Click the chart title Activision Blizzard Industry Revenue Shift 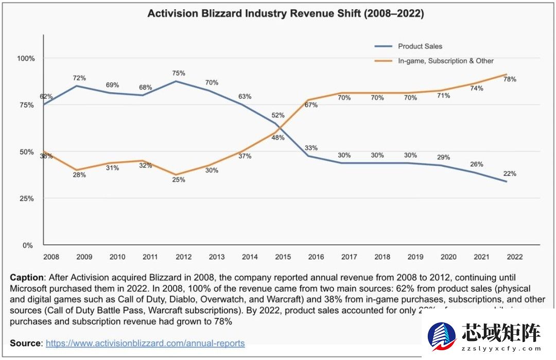click(286, 14)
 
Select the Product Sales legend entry click(420, 46)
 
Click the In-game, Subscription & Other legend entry click(445, 61)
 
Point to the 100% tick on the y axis click(26, 59)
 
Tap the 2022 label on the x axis click(514, 257)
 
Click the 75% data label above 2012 click(178, 73)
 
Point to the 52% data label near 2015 click(277, 115)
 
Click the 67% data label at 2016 click(311, 105)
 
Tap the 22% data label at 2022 click(510, 174)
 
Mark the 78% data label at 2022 click(510, 79)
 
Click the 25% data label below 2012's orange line click(178, 180)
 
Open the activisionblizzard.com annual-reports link click(145, 343)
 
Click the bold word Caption click(26, 278)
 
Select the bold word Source click(25, 343)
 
